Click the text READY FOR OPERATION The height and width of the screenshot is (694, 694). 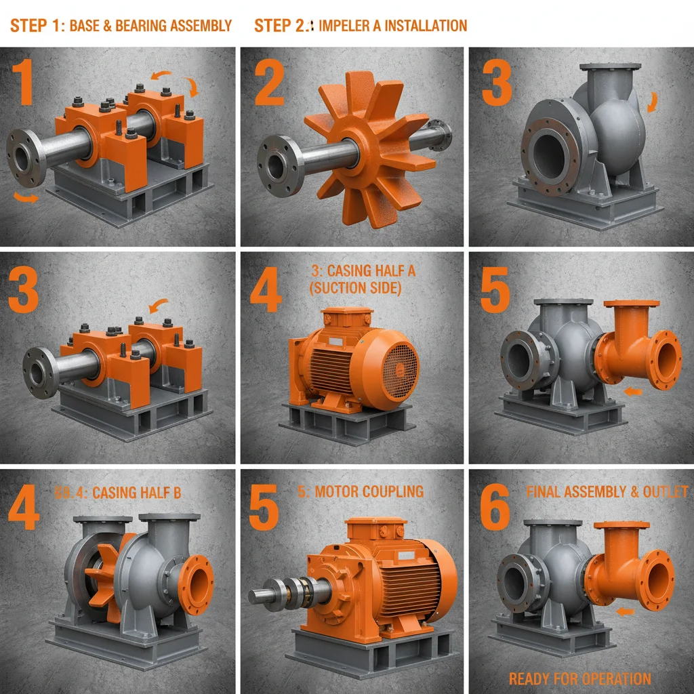[579, 678]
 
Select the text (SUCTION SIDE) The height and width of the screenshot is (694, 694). [355, 287]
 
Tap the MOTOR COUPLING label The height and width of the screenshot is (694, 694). [369, 491]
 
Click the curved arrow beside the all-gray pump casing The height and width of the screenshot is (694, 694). [652, 102]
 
